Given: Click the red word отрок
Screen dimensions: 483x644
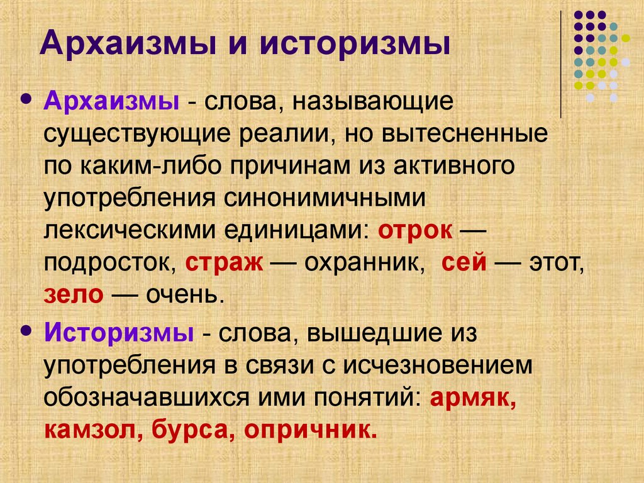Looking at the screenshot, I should tap(414, 230).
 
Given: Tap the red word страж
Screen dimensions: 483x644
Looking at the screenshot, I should tap(224, 262).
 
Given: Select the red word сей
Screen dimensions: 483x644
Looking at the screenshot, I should tap(464, 262).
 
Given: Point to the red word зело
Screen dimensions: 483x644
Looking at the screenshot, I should tap(73, 294).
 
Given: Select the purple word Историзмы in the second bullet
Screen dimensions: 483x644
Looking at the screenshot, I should tap(119, 333).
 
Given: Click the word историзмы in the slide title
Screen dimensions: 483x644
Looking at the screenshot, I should tap(355, 45).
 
